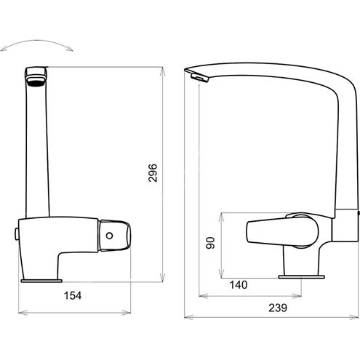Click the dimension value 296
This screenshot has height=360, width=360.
(153, 173)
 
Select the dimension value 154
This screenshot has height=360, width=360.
(73, 295)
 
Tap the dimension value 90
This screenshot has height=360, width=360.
(210, 243)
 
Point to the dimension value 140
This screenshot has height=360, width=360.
(239, 285)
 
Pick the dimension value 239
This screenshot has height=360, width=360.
(278, 308)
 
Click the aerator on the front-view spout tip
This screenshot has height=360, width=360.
(36, 81)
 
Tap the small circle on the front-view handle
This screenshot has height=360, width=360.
(110, 236)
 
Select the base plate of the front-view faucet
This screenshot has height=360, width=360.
(41, 281)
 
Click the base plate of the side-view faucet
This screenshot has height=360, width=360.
(301, 277)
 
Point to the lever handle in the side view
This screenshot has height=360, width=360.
(282, 231)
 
